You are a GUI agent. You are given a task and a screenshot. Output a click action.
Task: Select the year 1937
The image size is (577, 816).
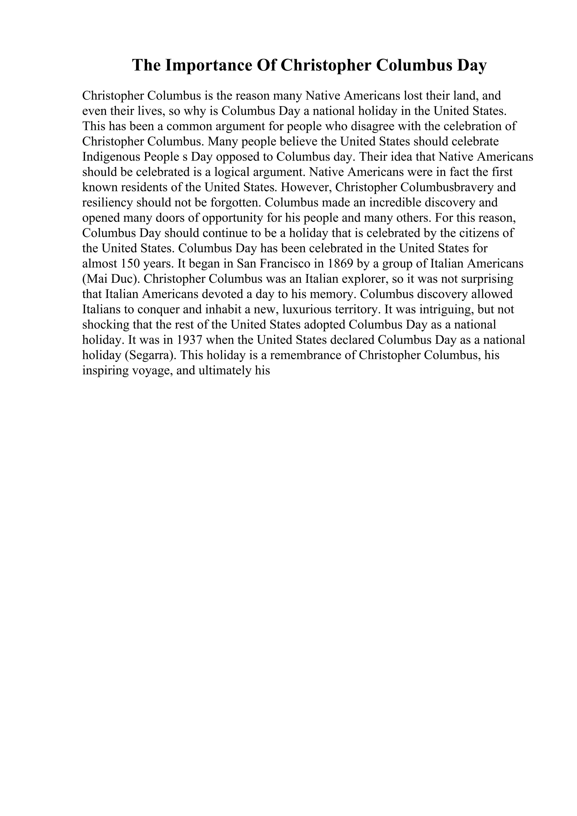(190, 340)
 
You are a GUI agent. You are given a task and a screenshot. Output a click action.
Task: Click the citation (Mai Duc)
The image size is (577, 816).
(111, 279)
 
